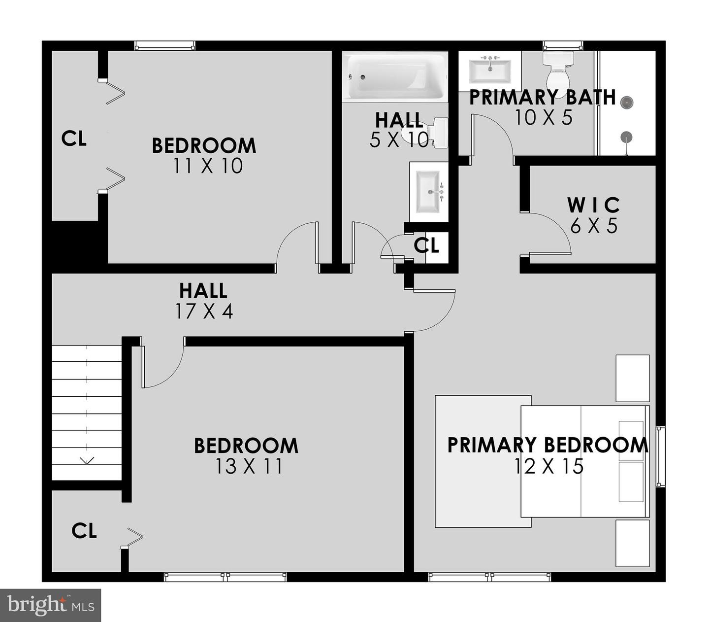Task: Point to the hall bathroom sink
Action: point(429,189)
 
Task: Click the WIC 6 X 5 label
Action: point(594,215)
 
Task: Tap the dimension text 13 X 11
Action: point(249,466)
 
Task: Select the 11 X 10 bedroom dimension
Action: point(208,166)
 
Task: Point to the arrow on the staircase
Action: point(87,461)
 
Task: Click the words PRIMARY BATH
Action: point(542,97)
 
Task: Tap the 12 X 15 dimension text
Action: point(548,466)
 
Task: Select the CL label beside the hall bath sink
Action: point(426,245)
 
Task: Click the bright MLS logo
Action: point(50,605)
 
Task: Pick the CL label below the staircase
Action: point(84,531)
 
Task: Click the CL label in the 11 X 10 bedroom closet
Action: point(74,138)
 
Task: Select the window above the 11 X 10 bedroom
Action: point(165,46)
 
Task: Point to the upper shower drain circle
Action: point(626,103)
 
